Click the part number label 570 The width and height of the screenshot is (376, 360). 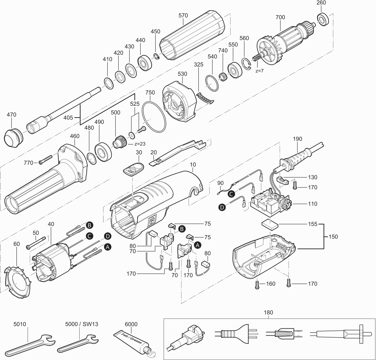point(183,15)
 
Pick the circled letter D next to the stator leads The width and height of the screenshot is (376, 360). point(108,236)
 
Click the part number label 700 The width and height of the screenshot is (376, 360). point(280,17)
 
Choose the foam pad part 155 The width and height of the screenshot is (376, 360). point(269,225)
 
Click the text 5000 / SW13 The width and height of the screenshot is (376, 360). point(82,324)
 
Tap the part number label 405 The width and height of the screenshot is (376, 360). point(69,118)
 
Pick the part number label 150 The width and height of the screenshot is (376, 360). point(333,237)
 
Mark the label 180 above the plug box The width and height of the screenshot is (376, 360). point(268,312)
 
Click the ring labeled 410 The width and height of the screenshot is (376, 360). point(108,83)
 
